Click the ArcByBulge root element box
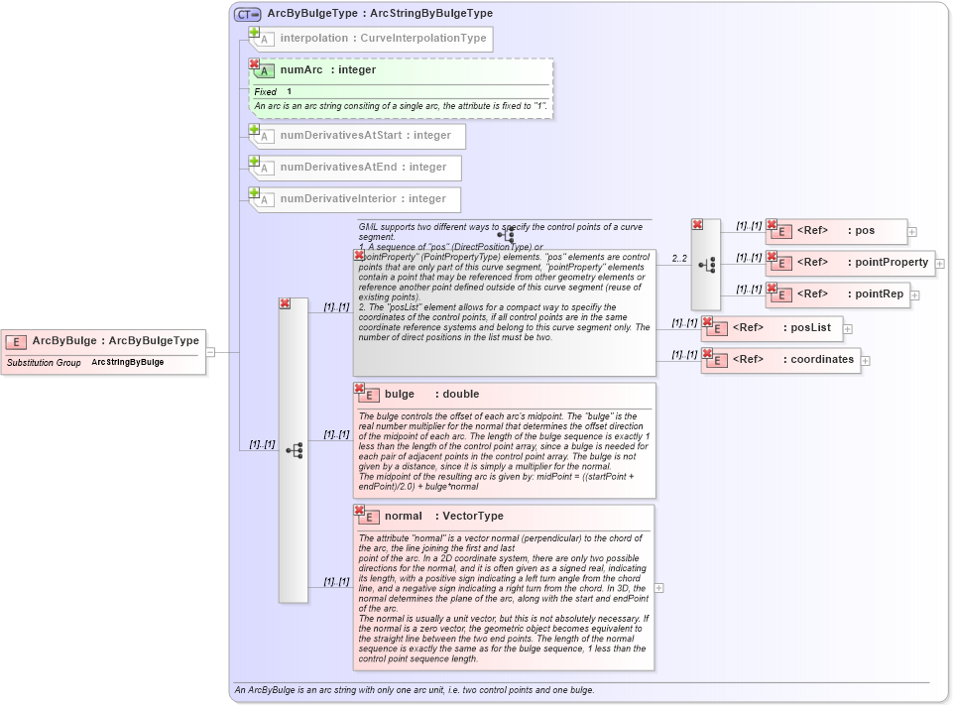tap(103, 341)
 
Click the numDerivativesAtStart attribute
tap(364, 136)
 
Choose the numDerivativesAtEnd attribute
tap(362, 168)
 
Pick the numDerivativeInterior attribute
tap(362, 199)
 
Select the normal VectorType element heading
tap(443, 517)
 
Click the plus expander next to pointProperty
tap(940, 264)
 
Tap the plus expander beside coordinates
tap(866, 361)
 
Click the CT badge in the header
tap(247, 14)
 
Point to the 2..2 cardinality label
tap(679, 259)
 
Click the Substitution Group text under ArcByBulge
tap(44, 363)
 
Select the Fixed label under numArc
tap(265, 92)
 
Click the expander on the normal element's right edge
tap(659, 588)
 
